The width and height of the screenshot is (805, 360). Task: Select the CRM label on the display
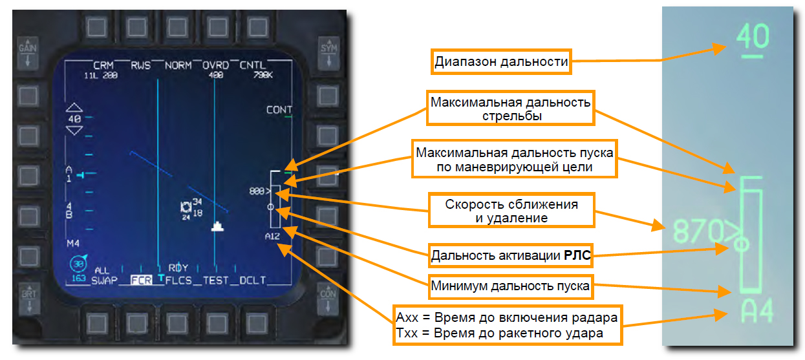[103, 65]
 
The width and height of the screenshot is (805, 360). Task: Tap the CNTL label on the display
[252, 65]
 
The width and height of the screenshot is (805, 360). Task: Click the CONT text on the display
[279, 110]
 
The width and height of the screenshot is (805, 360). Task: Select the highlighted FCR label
[140, 281]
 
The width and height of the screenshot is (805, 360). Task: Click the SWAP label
[102, 281]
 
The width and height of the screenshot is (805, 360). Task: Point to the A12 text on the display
[272, 237]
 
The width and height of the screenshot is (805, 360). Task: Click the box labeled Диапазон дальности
[501, 62]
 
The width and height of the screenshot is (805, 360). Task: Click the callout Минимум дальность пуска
[510, 286]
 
